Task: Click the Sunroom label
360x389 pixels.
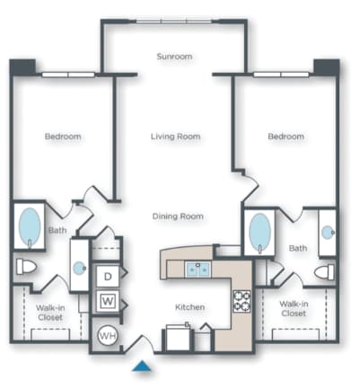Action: [x=175, y=57]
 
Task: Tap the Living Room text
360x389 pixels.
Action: [x=175, y=137]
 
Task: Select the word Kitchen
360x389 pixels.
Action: [x=189, y=307]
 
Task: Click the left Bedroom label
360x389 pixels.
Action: [x=63, y=137]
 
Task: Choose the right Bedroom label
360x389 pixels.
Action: [x=285, y=137]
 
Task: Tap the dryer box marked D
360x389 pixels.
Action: [x=108, y=277]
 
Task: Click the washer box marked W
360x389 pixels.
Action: [x=108, y=300]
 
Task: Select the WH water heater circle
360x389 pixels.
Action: [x=107, y=335]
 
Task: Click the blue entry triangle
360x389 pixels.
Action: [x=140, y=366]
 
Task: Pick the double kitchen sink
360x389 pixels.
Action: [x=198, y=268]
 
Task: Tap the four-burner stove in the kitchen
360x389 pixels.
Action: [x=242, y=300]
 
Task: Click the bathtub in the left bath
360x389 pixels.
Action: [x=29, y=227]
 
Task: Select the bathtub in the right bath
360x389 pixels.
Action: [x=259, y=232]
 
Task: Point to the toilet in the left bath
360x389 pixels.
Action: [x=25, y=267]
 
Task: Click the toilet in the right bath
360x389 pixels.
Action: [x=324, y=271]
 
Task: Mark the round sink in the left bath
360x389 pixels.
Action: [x=81, y=267]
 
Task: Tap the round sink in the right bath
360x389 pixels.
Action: [x=327, y=232]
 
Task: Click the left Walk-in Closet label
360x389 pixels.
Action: [x=49, y=312]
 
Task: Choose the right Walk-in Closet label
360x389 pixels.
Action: [x=294, y=309]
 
